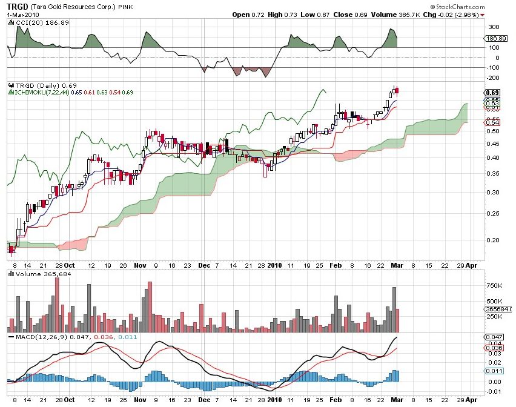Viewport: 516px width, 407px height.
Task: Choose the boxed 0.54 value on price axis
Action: click(492, 122)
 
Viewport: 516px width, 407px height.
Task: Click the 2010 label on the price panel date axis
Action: click(275, 264)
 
